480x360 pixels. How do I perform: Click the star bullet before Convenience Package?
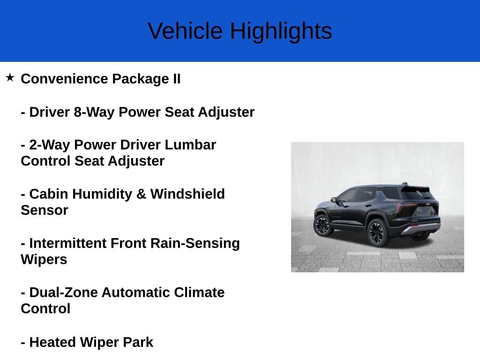tap(10, 77)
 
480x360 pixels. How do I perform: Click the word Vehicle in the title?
tap(185, 30)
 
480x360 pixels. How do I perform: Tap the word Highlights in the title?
tap(281, 31)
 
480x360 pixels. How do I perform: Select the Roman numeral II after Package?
tap(177, 79)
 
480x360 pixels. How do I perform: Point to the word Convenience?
tap(64, 79)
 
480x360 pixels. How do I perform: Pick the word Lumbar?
tap(190, 145)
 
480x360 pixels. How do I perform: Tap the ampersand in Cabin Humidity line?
tap(141, 194)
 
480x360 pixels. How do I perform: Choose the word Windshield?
tap(187, 194)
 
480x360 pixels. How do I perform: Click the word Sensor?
tap(45, 210)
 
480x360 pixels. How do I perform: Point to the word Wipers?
tap(44, 260)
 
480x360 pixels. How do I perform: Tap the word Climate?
tap(199, 292)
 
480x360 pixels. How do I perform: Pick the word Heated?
tap(52, 342)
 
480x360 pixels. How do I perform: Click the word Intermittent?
tap(67, 243)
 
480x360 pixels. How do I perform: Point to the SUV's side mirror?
tap(333, 200)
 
